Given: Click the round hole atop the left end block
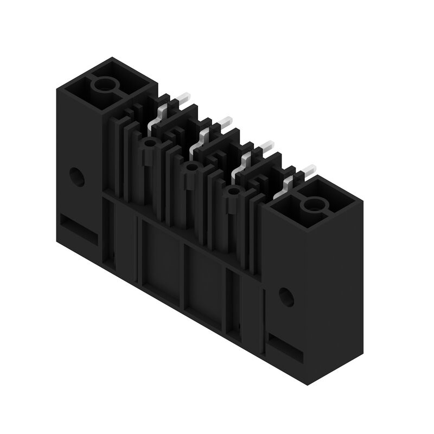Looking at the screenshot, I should click(103, 85).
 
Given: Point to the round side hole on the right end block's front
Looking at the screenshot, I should click(286, 296).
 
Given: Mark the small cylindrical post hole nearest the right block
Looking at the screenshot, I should click(233, 192).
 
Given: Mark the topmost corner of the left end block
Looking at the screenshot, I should click(112, 58).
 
